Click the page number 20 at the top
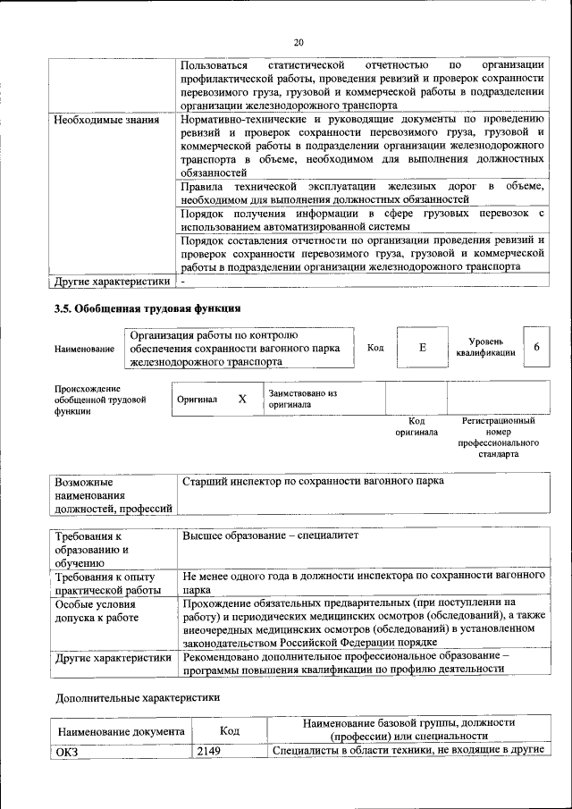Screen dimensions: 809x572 pyautogui.click(x=299, y=41)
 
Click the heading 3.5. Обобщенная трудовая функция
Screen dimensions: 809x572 pyautogui.click(x=147, y=310)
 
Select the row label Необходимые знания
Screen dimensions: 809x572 pyautogui.click(x=106, y=120)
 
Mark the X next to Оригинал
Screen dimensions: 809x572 pyautogui.click(x=241, y=399)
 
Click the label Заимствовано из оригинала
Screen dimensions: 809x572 pyautogui.click(x=302, y=399)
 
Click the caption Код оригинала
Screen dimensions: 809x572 pyautogui.click(x=416, y=426)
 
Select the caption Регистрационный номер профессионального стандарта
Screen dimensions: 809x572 pyautogui.click(x=498, y=436)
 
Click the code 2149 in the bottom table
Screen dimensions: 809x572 pyautogui.click(x=208, y=750)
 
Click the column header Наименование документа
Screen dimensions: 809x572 pyautogui.click(x=121, y=731)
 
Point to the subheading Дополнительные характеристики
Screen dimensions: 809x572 pyautogui.click(x=137, y=695)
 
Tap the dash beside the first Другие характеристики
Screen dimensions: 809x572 pyautogui.click(x=183, y=282)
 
